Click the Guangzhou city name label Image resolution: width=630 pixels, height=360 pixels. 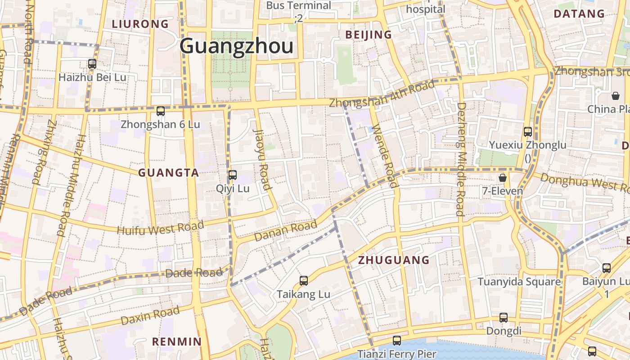point(237,46)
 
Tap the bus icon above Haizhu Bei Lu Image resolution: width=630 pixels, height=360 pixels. point(92,64)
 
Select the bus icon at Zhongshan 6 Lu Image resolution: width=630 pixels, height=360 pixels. point(161,111)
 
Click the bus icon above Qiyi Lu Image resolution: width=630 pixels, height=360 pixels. point(233,175)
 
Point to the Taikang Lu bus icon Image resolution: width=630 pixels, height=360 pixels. point(304,281)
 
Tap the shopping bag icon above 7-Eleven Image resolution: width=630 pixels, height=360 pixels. point(503,178)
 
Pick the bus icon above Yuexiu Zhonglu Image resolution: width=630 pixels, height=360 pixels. point(528,132)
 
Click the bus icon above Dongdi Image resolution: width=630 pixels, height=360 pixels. point(504,318)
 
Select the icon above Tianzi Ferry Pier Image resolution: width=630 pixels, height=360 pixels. point(396,341)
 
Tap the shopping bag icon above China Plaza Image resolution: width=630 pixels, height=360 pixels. point(615,96)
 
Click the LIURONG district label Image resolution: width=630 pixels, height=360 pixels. point(140,24)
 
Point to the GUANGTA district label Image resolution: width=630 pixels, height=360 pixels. point(168,173)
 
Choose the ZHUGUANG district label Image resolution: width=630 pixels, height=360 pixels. point(394,260)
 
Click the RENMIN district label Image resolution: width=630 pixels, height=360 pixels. point(177,342)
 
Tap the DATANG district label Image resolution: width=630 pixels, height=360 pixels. point(579,13)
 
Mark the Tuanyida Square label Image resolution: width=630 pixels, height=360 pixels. point(519,282)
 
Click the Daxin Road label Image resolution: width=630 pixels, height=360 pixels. point(150,315)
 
